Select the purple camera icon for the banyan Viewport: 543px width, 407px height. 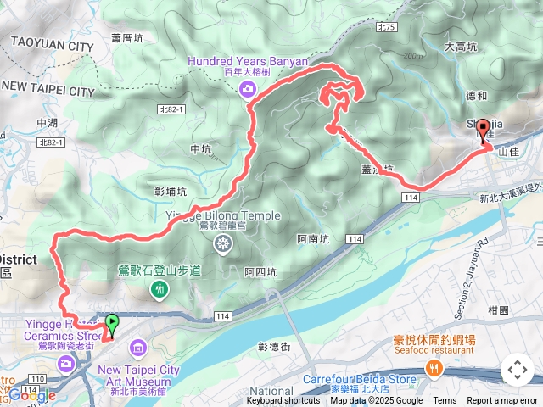[247, 89]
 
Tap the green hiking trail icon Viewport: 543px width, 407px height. [158, 290]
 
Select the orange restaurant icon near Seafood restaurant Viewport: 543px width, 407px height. [435, 367]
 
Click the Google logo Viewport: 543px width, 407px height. [32, 395]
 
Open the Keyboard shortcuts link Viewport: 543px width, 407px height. [284, 401]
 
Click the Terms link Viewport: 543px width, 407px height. [445, 401]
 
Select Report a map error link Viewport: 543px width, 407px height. [502, 401]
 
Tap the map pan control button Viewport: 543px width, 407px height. [517, 371]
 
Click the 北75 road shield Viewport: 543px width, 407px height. [388, 27]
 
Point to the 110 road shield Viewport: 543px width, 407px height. [37, 378]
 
